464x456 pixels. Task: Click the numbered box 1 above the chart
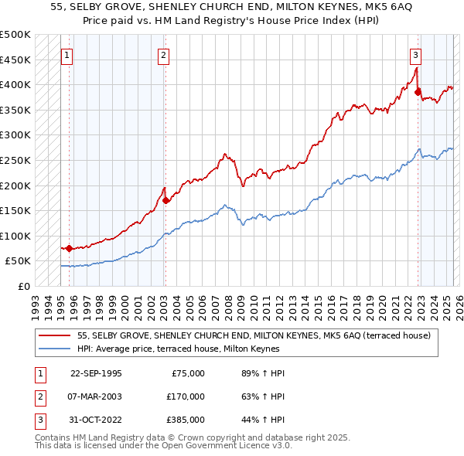[67, 55]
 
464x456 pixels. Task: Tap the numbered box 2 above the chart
[164, 55]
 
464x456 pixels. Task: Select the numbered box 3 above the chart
[416, 55]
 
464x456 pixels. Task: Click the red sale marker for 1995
[70, 248]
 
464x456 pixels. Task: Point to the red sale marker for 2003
[165, 200]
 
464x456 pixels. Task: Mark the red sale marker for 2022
[418, 92]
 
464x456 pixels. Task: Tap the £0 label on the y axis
[24, 286]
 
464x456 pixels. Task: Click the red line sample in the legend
[55, 335]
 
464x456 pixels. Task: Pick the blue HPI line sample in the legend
[55, 349]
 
